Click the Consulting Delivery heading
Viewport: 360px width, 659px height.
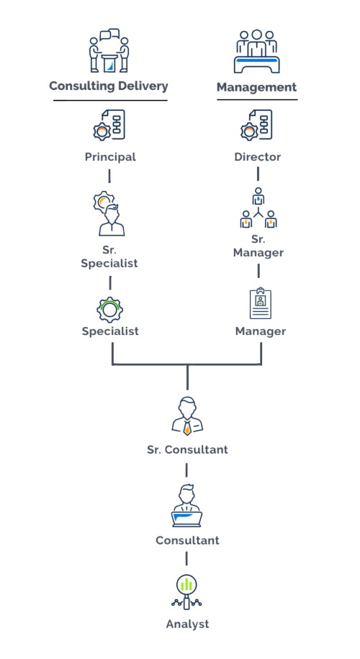pyautogui.click(x=109, y=86)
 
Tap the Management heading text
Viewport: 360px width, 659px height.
pyautogui.click(x=256, y=87)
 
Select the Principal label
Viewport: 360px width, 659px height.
pyautogui.click(x=110, y=157)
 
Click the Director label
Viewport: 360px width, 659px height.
pyautogui.click(x=258, y=157)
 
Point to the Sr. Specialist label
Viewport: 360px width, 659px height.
pyautogui.click(x=109, y=257)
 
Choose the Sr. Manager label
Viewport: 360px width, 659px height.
pyautogui.click(x=258, y=246)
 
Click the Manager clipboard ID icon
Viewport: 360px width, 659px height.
pyautogui.click(x=261, y=303)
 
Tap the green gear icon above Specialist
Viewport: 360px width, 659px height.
pyautogui.click(x=109, y=310)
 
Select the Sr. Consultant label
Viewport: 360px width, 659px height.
pyautogui.click(x=187, y=449)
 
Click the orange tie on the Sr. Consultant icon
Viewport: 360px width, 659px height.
pyautogui.click(x=187, y=428)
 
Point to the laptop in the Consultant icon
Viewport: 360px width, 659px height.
pyautogui.click(x=187, y=519)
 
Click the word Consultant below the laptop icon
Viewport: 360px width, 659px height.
pyautogui.click(x=187, y=540)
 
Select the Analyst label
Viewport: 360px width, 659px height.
pyautogui.click(x=187, y=624)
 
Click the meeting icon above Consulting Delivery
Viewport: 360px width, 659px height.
pyautogui.click(x=109, y=50)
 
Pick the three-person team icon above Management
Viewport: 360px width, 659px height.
pyautogui.click(x=256, y=51)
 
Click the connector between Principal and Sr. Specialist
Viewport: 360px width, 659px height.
pyautogui.click(x=109, y=176)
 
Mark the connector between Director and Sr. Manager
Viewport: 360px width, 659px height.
pyautogui.click(x=258, y=174)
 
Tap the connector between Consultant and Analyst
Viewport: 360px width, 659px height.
pyautogui.click(x=186, y=559)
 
